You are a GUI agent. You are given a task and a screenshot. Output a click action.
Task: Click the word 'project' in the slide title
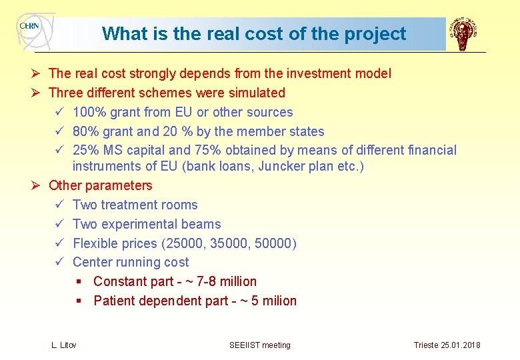pyautogui.click(x=375, y=34)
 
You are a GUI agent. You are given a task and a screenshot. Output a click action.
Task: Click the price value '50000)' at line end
pyautogui.click(x=275, y=243)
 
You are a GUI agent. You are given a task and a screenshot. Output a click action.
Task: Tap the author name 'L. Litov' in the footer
pyautogui.click(x=64, y=345)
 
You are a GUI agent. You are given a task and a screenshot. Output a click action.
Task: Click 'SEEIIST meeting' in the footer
pyautogui.click(x=260, y=345)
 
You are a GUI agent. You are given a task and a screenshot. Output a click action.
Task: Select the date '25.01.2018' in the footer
pyautogui.click(x=460, y=345)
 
